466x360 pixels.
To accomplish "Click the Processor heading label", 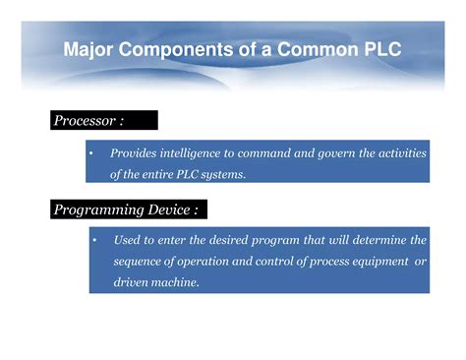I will [87, 121].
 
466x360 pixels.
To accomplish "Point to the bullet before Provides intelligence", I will [89, 153].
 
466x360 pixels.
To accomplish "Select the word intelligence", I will [195, 153].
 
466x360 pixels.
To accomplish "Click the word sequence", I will [140, 261].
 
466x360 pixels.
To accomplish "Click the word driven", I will [132, 282].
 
